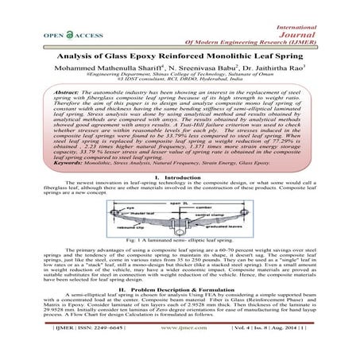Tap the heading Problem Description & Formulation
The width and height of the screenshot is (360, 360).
191,292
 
